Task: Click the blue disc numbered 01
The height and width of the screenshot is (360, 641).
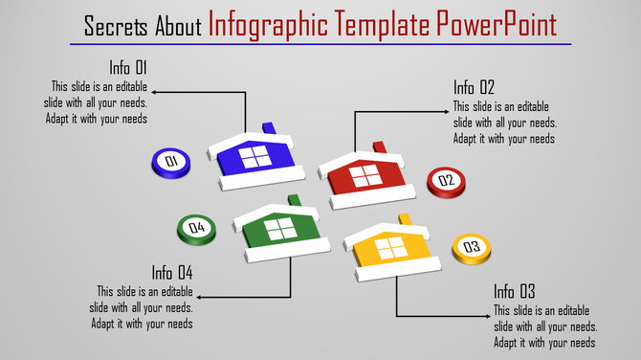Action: (x=171, y=162)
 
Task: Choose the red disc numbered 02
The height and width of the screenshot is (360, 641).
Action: (x=445, y=180)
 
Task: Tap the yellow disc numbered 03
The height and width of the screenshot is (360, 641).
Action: (x=471, y=248)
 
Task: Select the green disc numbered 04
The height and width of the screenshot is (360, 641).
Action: (x=196, y=228)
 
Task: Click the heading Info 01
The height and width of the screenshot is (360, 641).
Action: (x=127, y=68)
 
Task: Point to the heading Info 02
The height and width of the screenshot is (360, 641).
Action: (x=475, y=88)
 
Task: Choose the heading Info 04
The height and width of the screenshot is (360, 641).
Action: (x=172, y=272)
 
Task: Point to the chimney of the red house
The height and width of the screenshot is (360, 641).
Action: (x=381, y=147)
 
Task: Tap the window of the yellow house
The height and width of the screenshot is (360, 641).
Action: (x=391, y=247)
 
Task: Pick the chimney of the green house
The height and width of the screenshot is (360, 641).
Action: (x=293, y=200)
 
